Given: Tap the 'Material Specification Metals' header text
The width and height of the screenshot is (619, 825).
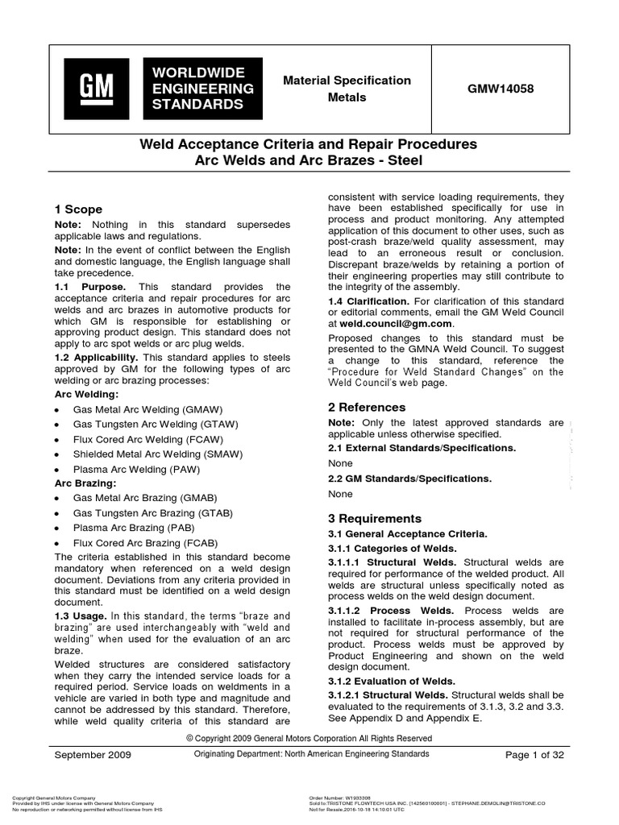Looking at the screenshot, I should click(x=346, y=89).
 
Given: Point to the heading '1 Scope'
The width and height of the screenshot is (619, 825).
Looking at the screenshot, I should click(x=77, y=209).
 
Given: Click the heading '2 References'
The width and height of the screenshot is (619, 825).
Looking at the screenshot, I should click(x=367, y=407).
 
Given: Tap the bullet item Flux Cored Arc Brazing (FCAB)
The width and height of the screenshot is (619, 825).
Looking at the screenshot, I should click(x=145, y=543).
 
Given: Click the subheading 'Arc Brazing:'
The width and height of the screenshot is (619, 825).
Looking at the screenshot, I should click(x=85, y=483).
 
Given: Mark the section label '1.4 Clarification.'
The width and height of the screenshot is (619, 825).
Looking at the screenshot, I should click(x=375, y=301).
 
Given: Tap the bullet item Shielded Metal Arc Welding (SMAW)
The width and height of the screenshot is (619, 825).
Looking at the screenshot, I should click(x=154, y=454).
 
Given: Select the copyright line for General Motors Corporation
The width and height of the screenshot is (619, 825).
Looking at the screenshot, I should click(x=309, y=738).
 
